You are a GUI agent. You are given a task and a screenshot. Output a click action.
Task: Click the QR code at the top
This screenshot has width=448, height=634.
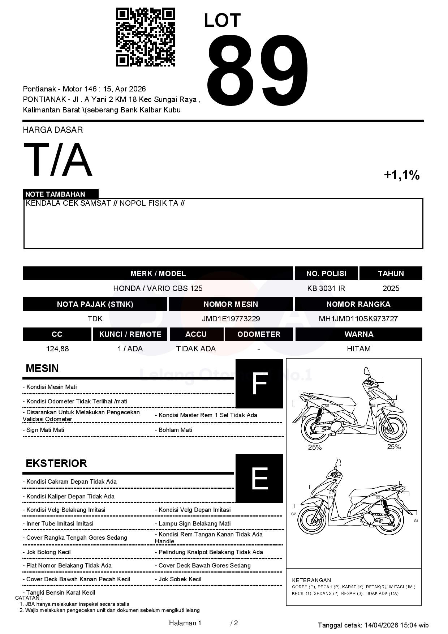145,37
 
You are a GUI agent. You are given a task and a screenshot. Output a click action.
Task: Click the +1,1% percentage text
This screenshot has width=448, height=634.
401,175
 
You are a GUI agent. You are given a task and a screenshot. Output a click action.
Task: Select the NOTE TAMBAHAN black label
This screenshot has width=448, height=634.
61,194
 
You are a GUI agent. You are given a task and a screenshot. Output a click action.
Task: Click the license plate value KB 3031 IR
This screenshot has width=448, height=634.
326,288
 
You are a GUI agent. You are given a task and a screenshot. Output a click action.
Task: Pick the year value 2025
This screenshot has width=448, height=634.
391,288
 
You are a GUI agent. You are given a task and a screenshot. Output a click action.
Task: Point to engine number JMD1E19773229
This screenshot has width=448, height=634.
231,319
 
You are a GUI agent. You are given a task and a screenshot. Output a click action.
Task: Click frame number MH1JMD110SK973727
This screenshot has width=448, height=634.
358,319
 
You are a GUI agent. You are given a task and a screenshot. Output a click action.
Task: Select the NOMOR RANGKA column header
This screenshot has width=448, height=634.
358,304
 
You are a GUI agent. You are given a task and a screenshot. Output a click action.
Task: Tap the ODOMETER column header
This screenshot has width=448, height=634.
259,334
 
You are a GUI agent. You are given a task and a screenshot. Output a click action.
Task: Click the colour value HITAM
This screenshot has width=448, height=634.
359,349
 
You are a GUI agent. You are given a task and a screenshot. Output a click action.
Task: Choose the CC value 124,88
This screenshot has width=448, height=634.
57,349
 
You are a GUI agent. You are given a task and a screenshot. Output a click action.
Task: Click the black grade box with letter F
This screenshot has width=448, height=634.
259,384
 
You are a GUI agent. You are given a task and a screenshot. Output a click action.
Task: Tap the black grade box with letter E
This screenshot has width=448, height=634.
259,478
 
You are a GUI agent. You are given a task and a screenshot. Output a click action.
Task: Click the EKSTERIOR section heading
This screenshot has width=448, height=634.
56,463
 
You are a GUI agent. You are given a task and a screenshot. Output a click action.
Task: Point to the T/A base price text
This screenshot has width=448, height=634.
58,160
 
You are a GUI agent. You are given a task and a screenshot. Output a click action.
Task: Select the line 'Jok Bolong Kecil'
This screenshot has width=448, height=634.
48,552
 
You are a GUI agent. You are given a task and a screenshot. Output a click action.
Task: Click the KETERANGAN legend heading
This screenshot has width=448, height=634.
311,580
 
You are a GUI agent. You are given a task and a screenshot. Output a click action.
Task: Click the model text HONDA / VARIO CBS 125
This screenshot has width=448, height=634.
158,288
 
